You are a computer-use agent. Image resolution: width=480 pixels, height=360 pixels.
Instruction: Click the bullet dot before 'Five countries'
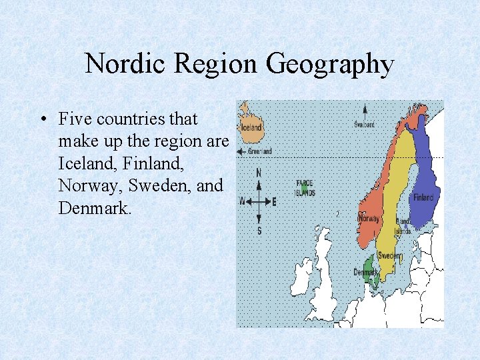coord(42,119)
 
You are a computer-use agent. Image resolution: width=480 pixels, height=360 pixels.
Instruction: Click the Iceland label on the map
coord(252,127)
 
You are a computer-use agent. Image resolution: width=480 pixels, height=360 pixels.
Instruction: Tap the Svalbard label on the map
coord(364,124)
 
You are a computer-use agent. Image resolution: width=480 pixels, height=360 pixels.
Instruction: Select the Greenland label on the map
coord(260,151)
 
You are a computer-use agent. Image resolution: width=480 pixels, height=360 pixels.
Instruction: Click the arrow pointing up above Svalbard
coord(364,112)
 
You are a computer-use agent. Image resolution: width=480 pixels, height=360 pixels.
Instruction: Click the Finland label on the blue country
coord(423,197)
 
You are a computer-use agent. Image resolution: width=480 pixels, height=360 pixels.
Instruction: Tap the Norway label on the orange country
coord(369,218)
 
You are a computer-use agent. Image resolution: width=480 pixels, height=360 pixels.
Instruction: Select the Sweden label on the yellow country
coord(389,256)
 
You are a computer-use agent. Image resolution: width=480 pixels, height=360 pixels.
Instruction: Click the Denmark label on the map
coord(364,272)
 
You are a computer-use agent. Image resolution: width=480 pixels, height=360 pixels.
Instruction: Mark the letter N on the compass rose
coord(259,173)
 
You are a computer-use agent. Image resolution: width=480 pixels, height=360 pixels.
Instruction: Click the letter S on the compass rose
coord(259,231)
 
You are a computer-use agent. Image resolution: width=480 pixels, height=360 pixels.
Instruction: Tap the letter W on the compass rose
coord(243,201)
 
